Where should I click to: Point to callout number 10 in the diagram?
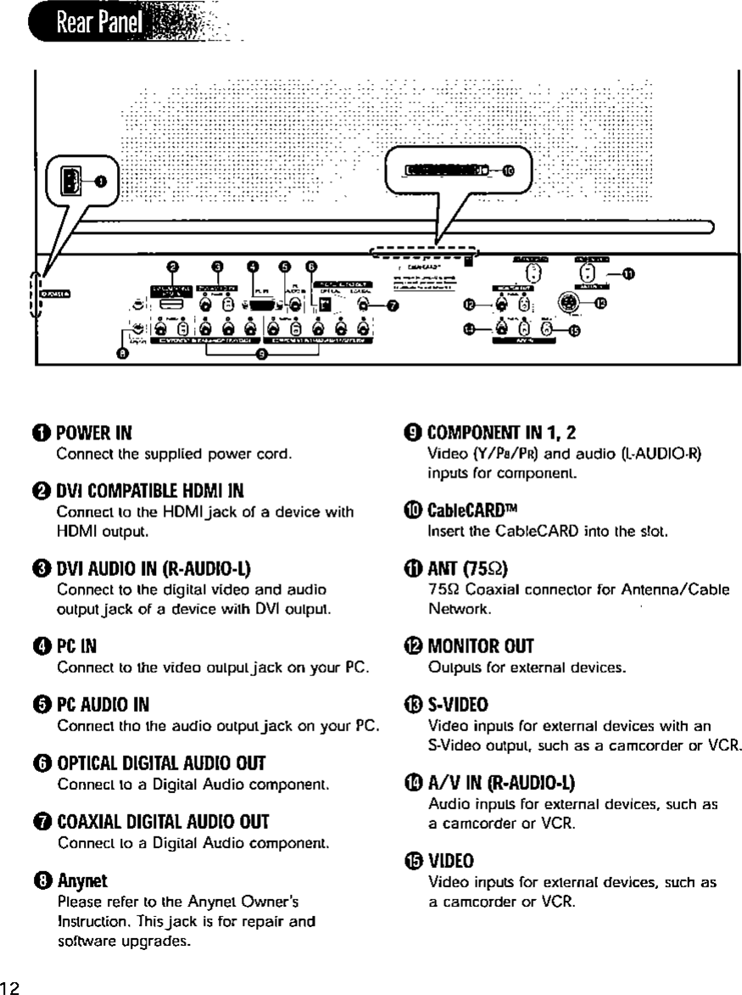[508, 170]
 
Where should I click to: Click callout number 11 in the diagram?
[627, 273]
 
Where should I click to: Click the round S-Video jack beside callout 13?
[567, 304]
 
